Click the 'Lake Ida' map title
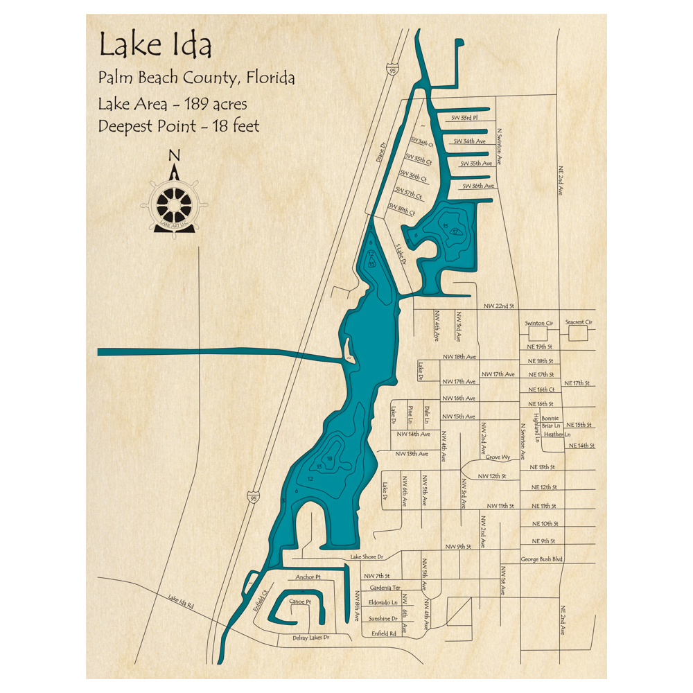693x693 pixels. pos(155,46)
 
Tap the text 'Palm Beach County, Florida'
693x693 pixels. pos(196,78)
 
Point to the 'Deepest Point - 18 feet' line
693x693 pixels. pos(179,126)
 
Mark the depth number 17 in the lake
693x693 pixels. pos(455,232)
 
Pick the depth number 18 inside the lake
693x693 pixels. pos(330,459)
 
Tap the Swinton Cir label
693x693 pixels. pos(539,323)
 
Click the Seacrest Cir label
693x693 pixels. pos(579,322)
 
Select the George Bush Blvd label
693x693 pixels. pos(541,559)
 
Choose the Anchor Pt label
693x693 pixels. pos(308,577)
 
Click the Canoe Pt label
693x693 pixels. pos(300,601)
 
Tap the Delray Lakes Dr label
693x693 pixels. pos(310,638)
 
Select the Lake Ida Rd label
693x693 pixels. pos(180,602)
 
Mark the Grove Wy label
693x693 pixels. pos(498,457)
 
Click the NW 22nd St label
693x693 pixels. pos(498,306)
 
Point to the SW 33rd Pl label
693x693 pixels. pos(465,118)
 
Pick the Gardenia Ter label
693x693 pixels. pos(385,588)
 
